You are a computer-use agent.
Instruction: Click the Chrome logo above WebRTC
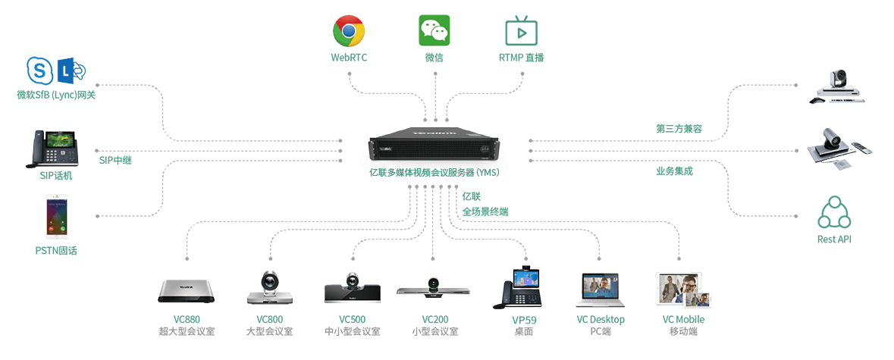point(349,31)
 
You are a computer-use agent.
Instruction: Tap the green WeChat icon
point(434,31)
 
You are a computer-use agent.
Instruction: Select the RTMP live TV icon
point(521,31)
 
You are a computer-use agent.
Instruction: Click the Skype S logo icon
point(39,71)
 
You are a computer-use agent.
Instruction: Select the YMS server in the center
point(434,145)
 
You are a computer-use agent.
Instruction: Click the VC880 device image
point(186,290)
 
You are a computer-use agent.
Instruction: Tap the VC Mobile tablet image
point(682,291)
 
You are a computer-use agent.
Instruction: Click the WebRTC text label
point(349,57)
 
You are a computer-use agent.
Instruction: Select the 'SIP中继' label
point(115,160)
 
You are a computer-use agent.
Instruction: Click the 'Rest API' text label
point(836,239)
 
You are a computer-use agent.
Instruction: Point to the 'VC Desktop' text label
point(601,320)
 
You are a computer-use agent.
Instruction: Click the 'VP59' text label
point(524,320)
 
